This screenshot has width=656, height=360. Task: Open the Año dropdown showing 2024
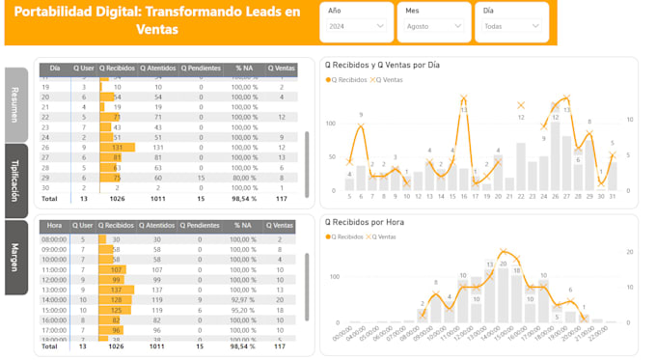356,26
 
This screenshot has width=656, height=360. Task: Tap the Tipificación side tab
15,180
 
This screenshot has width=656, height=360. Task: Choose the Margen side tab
15,258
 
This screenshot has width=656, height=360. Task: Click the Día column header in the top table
54,69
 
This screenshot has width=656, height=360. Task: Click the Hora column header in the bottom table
54,226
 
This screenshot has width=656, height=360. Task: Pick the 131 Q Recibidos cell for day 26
116,148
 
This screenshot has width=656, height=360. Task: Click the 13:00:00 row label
54,289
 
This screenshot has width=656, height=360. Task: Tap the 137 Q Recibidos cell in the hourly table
116,289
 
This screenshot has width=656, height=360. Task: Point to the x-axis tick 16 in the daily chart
463,196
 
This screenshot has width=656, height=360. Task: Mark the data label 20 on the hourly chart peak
503,253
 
